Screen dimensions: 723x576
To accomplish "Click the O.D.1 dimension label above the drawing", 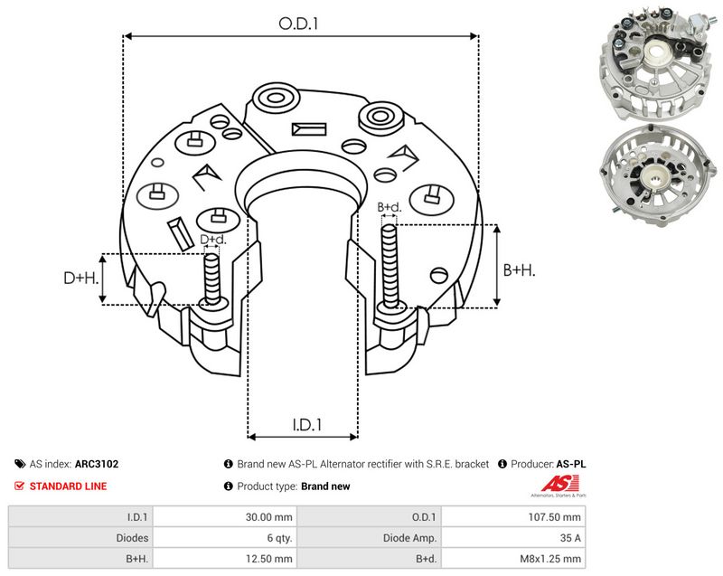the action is pos(298,24).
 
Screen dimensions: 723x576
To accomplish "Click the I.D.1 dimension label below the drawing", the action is pos(307,424).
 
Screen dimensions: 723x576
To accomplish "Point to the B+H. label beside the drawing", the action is pos(519,269).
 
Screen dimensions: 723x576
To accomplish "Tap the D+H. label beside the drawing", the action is pos(81,278).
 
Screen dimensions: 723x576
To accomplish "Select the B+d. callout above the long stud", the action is pos(390,207).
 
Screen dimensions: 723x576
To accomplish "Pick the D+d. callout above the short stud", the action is pos(213,240).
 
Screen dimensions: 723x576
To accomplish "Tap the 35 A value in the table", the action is pos(570,538).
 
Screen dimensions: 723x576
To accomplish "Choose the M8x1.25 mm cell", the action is pos(550,559).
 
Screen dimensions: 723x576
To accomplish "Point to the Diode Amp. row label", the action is pos(409,538).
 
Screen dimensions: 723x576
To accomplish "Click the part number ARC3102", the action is pos(97,464).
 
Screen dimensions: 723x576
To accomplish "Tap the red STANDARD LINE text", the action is pos(68,486).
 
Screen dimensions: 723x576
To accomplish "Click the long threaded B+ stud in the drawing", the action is pos(390,266).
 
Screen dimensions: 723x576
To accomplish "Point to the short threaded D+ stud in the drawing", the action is pos(212,279).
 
